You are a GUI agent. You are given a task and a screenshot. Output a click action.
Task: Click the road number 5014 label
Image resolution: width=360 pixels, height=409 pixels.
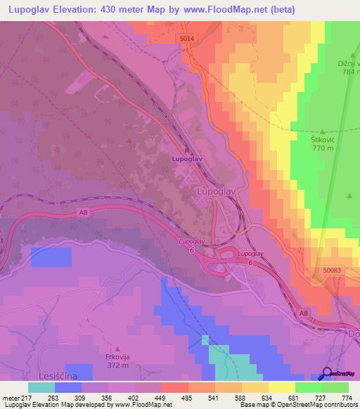[x=186, y=38]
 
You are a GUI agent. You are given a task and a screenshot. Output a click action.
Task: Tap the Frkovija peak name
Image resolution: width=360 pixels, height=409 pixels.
[x=118, y=356]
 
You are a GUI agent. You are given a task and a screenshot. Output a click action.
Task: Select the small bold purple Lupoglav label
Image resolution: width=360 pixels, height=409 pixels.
[x=187, y=159]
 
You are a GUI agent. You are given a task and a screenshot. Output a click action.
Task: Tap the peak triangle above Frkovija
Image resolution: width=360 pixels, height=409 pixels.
[x=118, y=348]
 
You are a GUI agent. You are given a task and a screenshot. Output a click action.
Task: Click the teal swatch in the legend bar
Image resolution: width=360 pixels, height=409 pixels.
[x=41, y=387]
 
